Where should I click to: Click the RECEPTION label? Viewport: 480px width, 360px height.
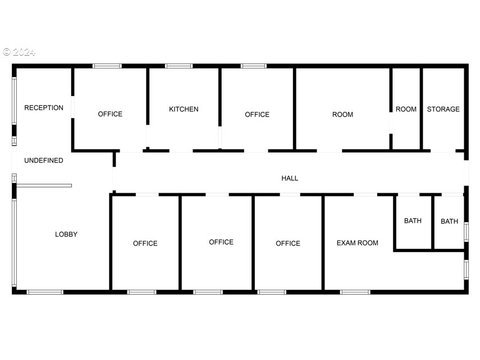[x=44, y=108]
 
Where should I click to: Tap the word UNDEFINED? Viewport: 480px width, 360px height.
[x=44, y=161]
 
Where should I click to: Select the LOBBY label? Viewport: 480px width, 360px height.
[x=66, y=234]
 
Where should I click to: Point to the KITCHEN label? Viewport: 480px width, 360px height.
[x=184, y=109]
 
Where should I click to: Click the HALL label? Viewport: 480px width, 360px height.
[x=290, y=178]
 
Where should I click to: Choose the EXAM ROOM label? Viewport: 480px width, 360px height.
[x=357, y=243]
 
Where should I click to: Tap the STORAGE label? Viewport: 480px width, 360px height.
[x=443, y=109]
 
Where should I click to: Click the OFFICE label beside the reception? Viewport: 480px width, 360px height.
[x=110, y=114]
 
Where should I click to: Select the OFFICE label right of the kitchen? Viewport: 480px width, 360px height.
[x=257, y=115]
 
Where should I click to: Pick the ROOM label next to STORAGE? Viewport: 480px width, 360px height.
[x=406, y=109]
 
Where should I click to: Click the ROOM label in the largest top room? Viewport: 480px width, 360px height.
[x=342, y=115]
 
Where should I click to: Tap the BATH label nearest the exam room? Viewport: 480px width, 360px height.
[x=413, y=221]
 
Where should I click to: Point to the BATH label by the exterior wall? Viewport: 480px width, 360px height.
[x=449, y=221]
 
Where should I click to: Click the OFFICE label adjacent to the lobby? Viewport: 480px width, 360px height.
[x=145, y=243]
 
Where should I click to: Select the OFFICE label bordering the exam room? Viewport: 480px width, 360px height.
[x=288, y=243]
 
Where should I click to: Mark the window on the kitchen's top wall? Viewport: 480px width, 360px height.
[x=179, y=66]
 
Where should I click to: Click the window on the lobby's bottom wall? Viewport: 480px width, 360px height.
[x=45, y=292]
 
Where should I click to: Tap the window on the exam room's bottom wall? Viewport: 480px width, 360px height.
[x=355, y=292]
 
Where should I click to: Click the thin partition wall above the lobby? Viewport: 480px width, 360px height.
[x=44, y=185]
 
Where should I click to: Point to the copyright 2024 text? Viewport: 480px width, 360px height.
[x=19, y=52]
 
